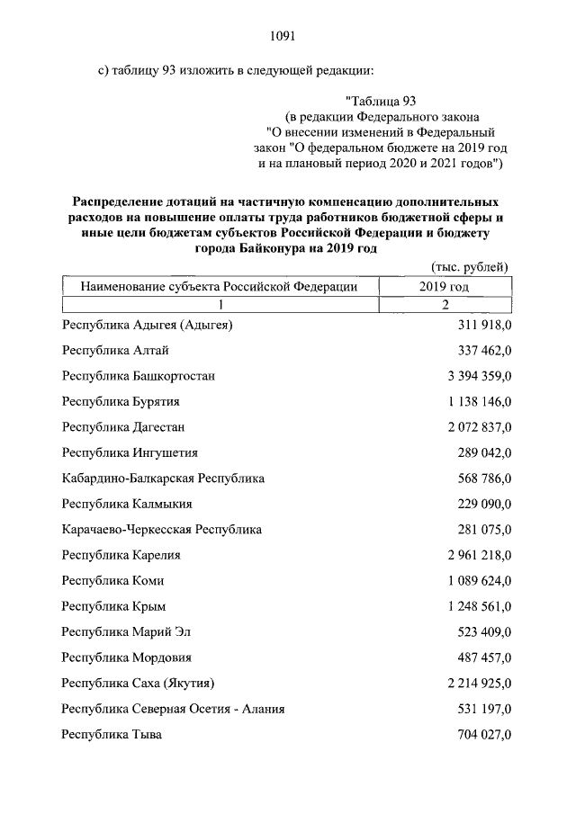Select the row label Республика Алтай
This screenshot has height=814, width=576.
coord(115,350)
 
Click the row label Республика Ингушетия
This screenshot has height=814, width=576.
coord(130,452)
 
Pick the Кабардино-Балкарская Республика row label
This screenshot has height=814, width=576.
coord(163,478)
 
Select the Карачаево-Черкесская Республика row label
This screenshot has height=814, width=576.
coord(162,529)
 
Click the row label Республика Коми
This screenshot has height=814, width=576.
coord(112,580)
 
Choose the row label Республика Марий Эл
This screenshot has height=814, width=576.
coord(127,631)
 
